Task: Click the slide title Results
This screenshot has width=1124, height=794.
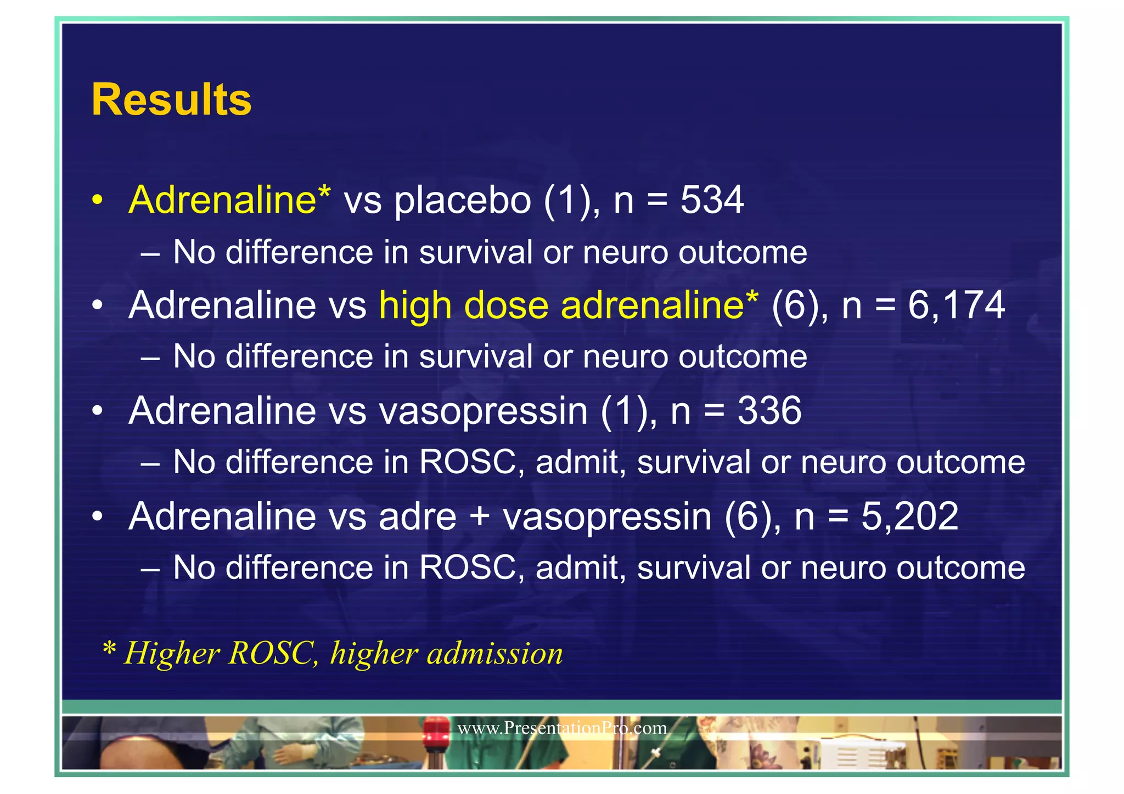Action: (171, 100)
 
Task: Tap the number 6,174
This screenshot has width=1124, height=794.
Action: (956, 305)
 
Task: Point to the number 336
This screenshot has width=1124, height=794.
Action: (769, 411)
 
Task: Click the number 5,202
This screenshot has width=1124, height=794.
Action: (909, 517)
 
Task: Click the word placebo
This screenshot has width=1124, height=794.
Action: (462, 201)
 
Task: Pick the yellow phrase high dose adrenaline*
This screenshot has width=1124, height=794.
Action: (569, 305)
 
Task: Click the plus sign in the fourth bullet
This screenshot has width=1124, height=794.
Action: (480, 518)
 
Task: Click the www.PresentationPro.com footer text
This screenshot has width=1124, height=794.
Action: (562, 728)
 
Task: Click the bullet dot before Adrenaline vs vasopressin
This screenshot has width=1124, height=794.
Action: (97, 411)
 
